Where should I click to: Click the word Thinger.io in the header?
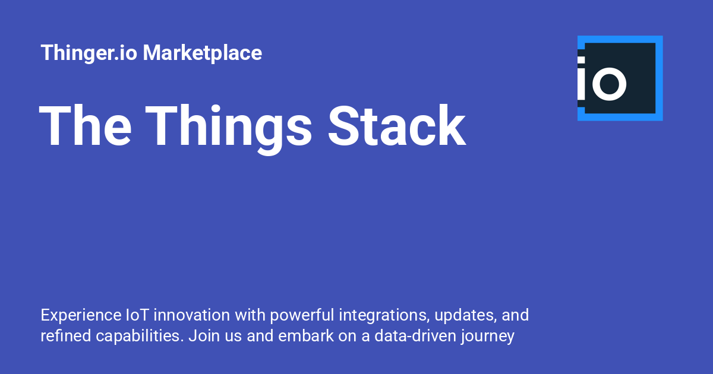[89, 53]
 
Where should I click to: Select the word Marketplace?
[203, 52]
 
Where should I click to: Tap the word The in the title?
[85, 126]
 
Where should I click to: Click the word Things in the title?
[228, 129]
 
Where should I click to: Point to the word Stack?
[397, 126]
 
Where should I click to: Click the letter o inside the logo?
[609, 84]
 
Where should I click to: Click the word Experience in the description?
[81, 315]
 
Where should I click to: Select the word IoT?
[137, 315]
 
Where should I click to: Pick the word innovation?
[191, 315]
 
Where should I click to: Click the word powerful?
[302, 315]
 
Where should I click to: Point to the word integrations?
[384, 316]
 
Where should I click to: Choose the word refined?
[66, 336]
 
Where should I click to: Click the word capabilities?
[140, 337]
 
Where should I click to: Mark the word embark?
[305, 336]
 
